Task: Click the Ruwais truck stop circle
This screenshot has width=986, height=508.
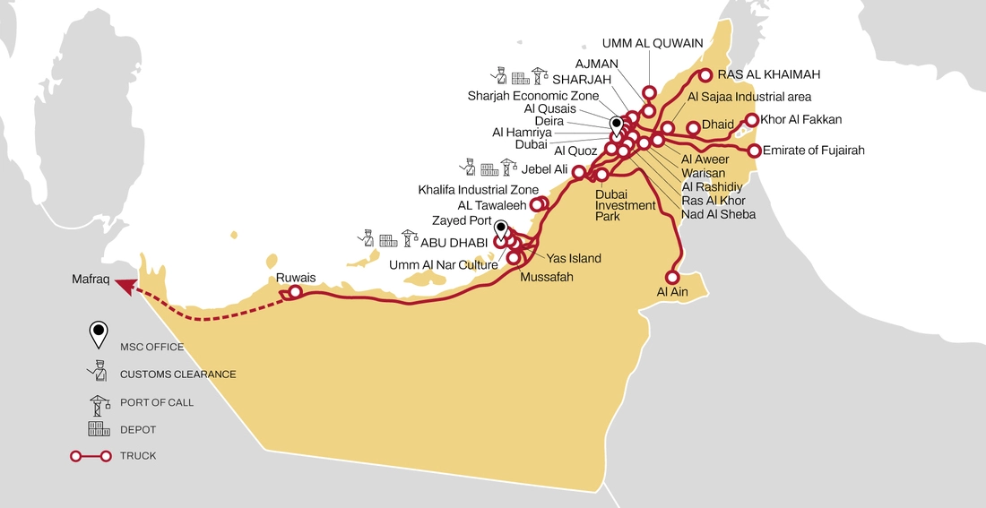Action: click(295, 291)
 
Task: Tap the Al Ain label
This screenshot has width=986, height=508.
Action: click(674, 292)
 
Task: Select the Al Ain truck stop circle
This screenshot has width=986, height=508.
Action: click(672, 277)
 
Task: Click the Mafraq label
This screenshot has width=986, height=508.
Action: click(91, 280)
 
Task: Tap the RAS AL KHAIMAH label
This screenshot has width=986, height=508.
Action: click(769, 74)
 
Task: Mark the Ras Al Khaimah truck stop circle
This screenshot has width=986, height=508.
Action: click(705, 75)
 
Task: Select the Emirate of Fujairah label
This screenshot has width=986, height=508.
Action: click(813, 151)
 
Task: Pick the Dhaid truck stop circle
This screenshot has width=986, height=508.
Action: click(693, 128)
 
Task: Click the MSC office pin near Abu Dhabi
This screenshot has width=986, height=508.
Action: click(500, 228)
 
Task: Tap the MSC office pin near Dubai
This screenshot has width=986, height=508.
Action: click(616, 125)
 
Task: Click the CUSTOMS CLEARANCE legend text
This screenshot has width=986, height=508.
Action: click(177, 374)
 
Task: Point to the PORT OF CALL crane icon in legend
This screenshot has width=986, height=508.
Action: click(98, 401)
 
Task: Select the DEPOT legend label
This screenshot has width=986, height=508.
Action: click(138, 430)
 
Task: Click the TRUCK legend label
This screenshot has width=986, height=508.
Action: click(138, 456)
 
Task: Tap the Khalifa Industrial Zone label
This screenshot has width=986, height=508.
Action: click(479, 190)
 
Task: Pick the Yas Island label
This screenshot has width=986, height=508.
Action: click(574, 258)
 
